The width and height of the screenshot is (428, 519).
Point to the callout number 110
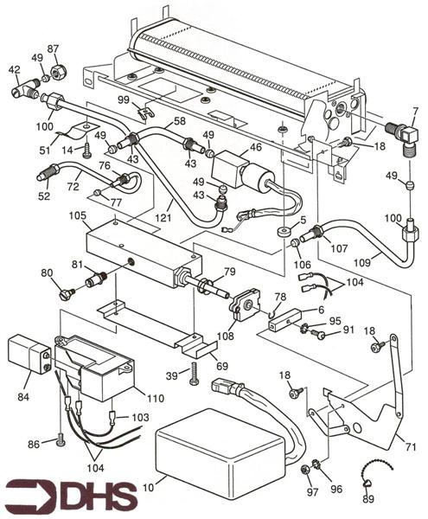click(x=156, y=400)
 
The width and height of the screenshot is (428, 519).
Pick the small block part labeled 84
click(x=27, y=354)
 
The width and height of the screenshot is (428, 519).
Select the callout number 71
click(x=410, y=446)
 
